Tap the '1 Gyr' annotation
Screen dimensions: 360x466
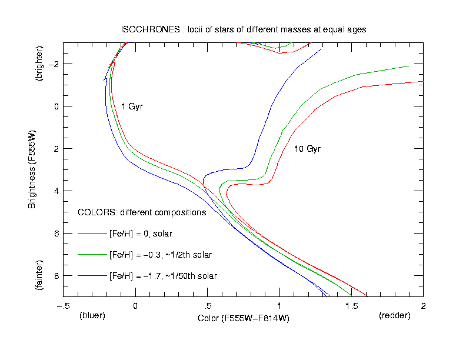click(x=132, y=106)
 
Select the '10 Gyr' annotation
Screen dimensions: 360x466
click(x=307, y=149)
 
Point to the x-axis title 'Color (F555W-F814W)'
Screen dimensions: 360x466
click(x=244, y=318)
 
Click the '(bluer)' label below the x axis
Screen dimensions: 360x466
click(x=92, y=316)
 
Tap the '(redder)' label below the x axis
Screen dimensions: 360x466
click(x=395, y=316)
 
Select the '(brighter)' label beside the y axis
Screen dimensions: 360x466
click(x=39, y=62)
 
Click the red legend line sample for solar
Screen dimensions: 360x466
click(x=91, y=234)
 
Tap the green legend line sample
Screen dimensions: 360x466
click(x=91, y=255)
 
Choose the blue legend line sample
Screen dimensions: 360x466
click(x=91, y=276)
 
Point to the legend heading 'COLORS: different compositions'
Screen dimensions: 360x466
click(x=142, y=212)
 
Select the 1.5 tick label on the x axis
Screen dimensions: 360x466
click(x=351, y=306)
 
